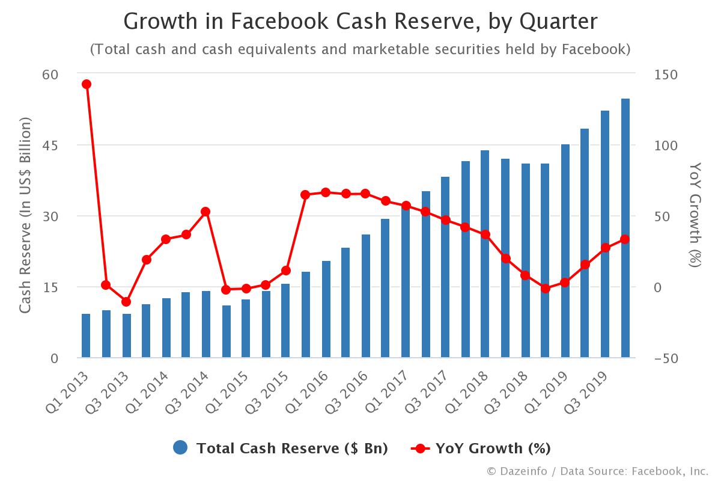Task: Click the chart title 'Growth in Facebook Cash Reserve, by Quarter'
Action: coord(360,22)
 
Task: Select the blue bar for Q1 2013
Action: coord(86,335)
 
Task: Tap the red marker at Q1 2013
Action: coord(86,84)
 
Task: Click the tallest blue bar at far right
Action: coord(625,228)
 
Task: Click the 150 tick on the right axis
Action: coord(665,75)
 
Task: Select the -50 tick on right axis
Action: coord(665,358)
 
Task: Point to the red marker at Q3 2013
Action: coord(126,302)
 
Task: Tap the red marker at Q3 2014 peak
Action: coord(205,212)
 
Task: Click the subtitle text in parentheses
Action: coord(360,49)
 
